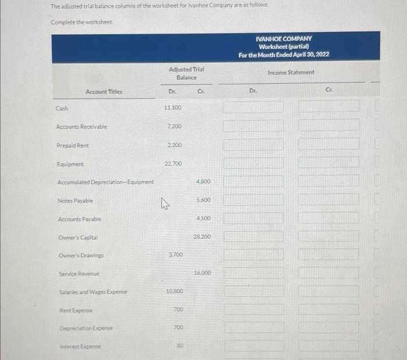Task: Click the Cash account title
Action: (62, 108)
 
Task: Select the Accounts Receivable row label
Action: (81, 126)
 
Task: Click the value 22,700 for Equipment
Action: (173, 163)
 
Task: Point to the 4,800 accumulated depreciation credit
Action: (202, 181)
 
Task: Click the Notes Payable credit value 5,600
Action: (202, 200)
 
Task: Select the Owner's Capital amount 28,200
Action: (202, 237)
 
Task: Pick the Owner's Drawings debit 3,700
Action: (175, 255)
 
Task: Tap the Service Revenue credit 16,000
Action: (202, 273)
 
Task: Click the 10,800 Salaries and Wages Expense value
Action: (174, 291)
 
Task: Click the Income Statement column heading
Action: (291, 73)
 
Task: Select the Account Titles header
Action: (104, 92)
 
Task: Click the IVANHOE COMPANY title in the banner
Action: (284, 38)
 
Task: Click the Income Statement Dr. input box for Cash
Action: (254, 108)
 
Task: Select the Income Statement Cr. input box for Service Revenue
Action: (329, 273)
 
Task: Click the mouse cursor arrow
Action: (165, 203)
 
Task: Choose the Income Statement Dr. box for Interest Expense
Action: (254, 346)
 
